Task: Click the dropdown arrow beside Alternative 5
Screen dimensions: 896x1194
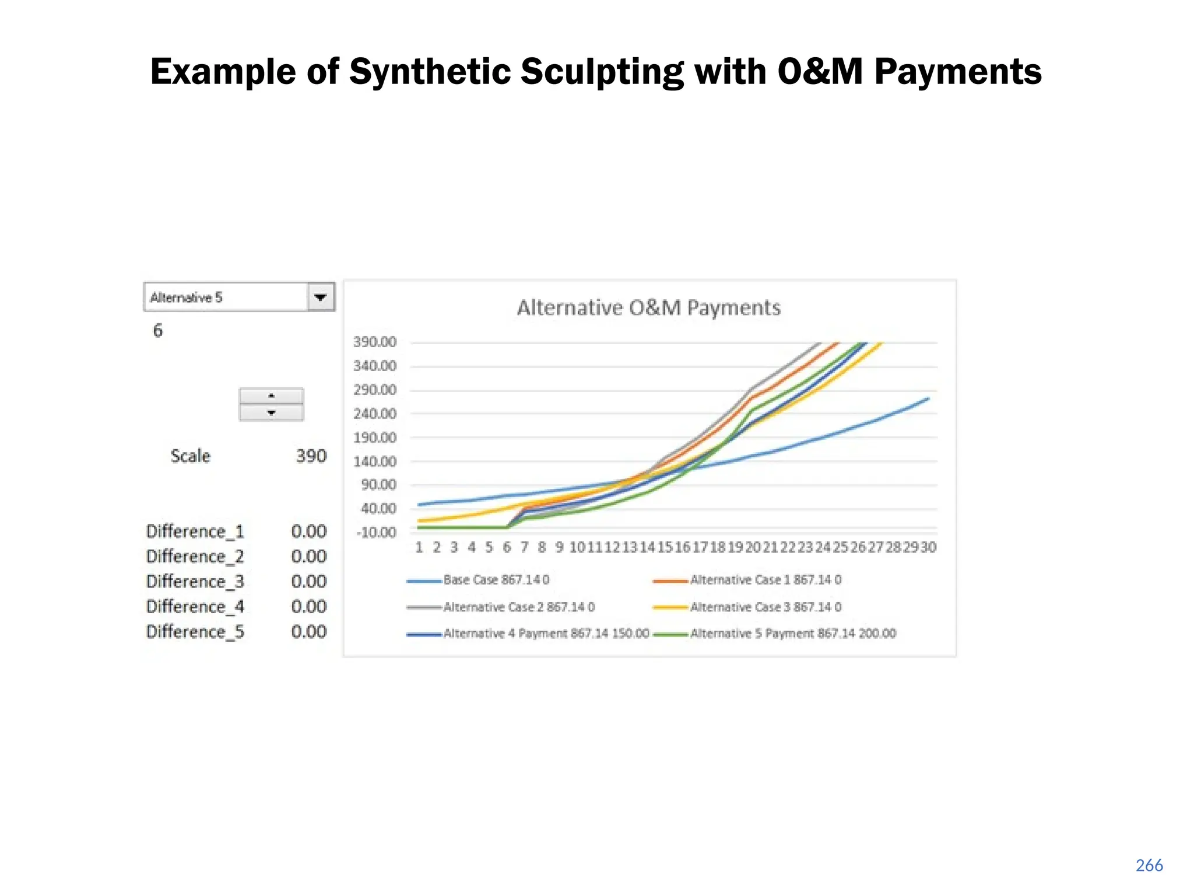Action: point(320,297)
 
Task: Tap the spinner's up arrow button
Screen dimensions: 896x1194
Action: point(271,396)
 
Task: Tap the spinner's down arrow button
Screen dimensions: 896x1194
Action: point(271,412)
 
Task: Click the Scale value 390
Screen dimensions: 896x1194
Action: point(311,456)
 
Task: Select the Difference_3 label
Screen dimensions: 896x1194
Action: point(195,582)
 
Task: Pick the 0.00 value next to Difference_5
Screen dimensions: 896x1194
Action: point(309,632)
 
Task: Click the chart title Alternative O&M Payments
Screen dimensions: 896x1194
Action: point(648,308)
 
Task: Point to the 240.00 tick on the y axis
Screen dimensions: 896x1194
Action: point(375,414)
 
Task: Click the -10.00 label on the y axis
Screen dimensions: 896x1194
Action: point(376,533)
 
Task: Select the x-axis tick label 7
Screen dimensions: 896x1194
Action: point(524,548)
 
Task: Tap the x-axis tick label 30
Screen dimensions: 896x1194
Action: point(928,548)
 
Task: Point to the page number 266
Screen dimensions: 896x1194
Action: point(1149,865)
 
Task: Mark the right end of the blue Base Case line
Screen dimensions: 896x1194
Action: point(928,398)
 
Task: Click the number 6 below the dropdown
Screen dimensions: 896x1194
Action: point(158,331)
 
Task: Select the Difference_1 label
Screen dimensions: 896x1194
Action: point(195,531)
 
